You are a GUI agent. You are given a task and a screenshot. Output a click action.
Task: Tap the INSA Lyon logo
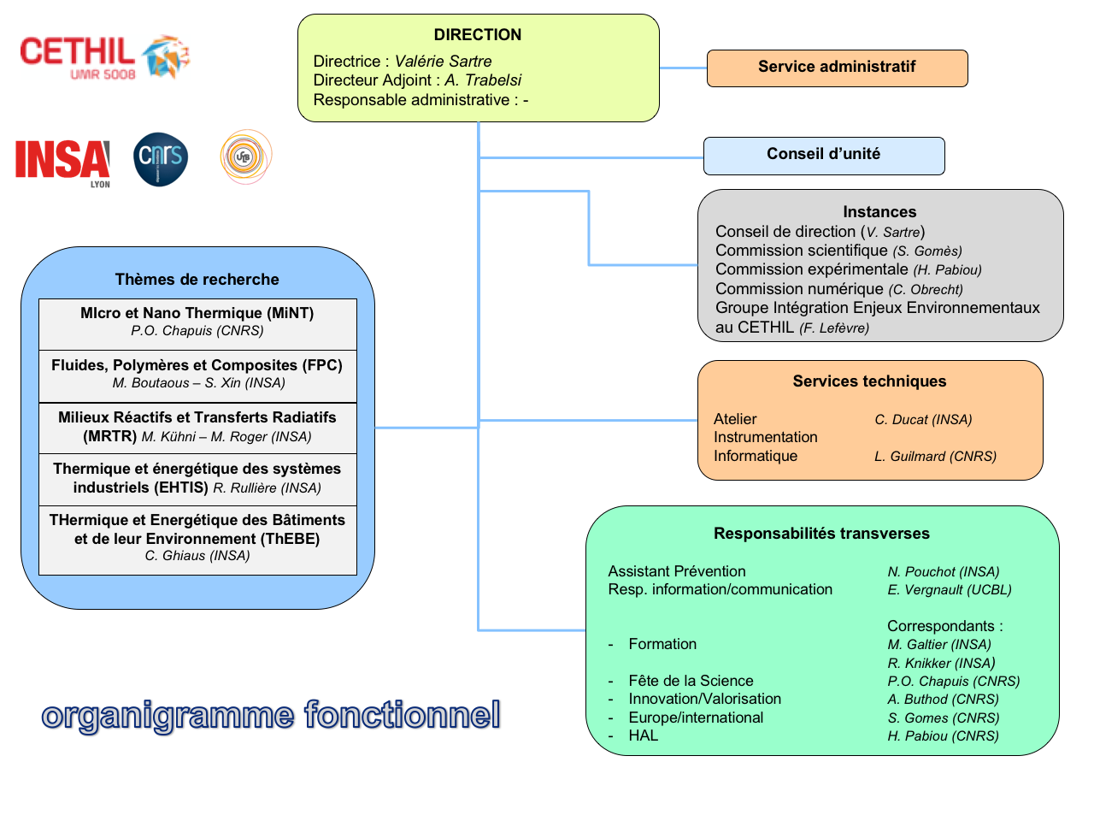(62, 161)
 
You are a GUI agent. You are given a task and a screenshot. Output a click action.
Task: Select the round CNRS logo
(161, 159)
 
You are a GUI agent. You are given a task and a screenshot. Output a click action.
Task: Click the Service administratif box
(837, 68)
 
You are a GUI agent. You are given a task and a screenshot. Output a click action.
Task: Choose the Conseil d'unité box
(823, 155)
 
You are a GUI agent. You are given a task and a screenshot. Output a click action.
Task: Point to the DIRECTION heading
(477, 35)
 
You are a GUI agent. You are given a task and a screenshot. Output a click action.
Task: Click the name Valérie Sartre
(443, 62)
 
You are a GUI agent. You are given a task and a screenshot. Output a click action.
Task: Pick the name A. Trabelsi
(483, 80)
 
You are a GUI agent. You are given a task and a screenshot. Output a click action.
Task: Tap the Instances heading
(879, 212)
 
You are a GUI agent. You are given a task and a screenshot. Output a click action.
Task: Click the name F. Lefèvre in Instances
(834, 328)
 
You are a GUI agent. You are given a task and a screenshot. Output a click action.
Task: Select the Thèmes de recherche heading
(197, 280)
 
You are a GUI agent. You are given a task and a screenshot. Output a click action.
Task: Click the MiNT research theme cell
(197, 322)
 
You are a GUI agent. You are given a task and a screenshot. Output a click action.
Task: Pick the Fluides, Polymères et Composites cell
(197, 375)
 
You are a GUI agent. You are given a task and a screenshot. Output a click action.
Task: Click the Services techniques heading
(869, 381)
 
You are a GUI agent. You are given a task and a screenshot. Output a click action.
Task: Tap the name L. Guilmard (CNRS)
(935, 457)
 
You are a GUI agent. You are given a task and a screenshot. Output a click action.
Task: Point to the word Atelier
(735, 419)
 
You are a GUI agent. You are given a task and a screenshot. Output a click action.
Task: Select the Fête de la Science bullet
(691, 681)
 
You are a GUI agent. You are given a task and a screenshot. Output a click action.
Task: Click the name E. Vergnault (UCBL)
(949, 590)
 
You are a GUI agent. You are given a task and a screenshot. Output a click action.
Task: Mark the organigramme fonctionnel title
(271, 715)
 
